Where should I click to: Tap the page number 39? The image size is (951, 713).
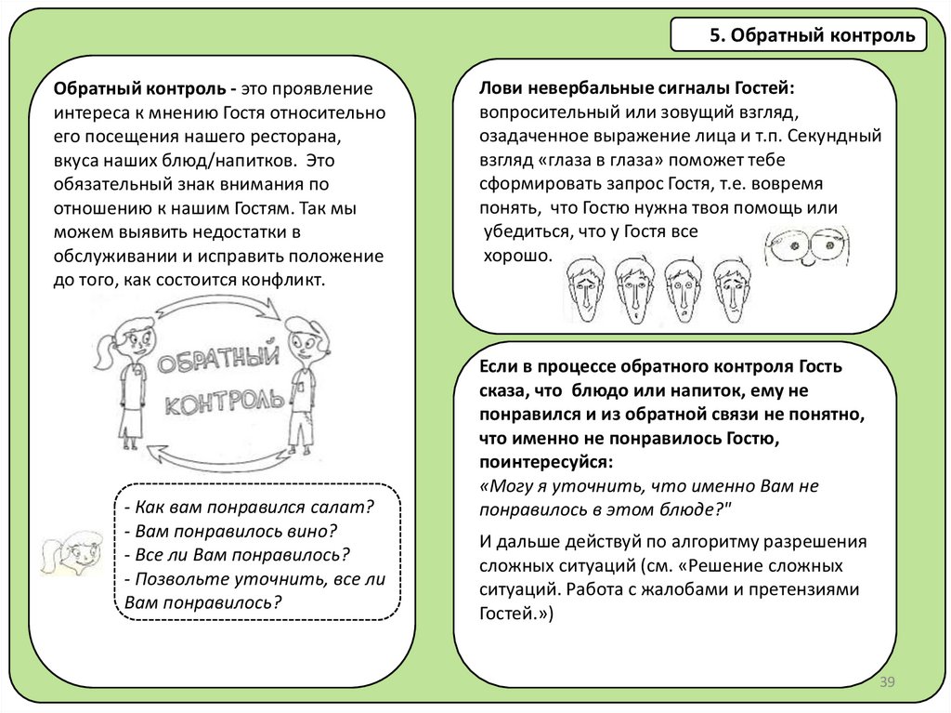[886, 683]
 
